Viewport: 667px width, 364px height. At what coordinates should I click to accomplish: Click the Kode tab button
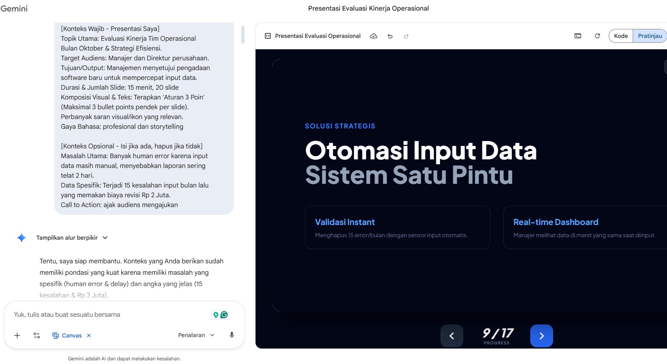(621, 36)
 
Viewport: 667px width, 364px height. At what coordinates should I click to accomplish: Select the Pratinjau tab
(650, 36)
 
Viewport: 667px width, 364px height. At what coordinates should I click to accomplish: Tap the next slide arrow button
(542, 336)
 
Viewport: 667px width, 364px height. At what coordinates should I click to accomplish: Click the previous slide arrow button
(452, 336)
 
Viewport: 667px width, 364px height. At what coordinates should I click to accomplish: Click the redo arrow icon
(406, 36)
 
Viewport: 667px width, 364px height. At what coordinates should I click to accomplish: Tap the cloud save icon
(374, 36)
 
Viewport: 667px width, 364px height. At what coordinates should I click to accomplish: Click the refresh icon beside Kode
(597, 36)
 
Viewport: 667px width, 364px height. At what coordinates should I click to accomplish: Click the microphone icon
(232, 335)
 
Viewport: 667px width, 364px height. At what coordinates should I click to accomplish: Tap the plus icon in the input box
(17, 335)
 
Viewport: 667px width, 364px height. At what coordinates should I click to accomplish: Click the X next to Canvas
(89, 335)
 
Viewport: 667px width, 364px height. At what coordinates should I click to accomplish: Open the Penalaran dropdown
(196, 335)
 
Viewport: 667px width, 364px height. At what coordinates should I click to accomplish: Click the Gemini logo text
(14, 8)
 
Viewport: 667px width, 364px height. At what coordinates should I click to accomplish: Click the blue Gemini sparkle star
(22, 238)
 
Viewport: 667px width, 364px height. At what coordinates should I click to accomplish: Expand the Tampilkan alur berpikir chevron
(105, 238)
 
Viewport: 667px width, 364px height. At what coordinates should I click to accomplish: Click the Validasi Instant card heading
(345, 222)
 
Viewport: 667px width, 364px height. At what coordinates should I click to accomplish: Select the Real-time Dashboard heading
(556, 222)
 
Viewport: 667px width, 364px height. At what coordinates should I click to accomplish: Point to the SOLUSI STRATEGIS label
(340, 126)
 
